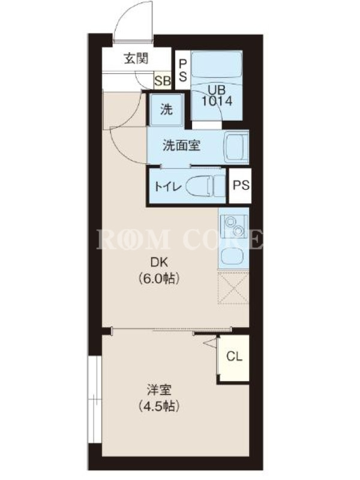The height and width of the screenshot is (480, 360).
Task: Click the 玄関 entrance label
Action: (136, 58)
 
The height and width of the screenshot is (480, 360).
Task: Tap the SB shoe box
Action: (163, 80)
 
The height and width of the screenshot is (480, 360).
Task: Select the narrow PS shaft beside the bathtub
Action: (182, 70)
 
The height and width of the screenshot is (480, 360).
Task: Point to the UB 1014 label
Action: (217, 95)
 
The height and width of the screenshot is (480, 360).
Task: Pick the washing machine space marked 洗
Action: (167, 110)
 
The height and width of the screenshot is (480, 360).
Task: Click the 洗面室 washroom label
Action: (182, 146)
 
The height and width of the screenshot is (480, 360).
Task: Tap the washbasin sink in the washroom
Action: (236, 148)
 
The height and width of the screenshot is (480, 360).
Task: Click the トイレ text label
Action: (168, 187)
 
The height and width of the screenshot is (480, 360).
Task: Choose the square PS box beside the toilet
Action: (241, 185)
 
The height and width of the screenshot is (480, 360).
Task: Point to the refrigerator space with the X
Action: (233, 288)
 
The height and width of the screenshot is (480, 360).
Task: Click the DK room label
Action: (158, 262)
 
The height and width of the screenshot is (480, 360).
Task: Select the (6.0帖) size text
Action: (158, 278)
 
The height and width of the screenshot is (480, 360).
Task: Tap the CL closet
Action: (234, 358)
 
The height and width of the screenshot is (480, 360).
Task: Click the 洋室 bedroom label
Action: (158, 390)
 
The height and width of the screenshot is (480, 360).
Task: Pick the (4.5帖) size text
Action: (158, 406)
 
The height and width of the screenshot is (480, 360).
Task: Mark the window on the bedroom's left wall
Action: (94, 398)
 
